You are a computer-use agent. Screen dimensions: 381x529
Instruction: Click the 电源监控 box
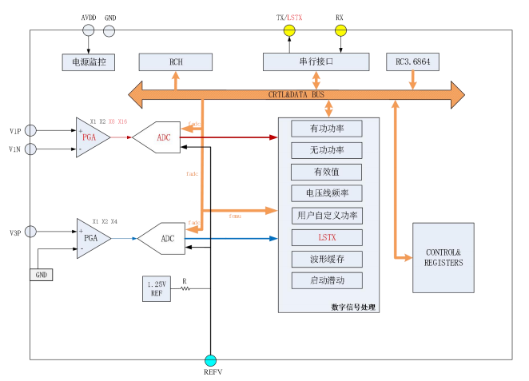tap(89, 62)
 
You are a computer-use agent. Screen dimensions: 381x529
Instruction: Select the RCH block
tap(176, 62)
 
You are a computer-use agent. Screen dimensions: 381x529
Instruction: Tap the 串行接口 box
tap(316, 62)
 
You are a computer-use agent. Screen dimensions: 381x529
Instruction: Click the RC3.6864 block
tap(412, 62)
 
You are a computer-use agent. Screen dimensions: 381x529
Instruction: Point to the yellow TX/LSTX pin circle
tap(289, 31)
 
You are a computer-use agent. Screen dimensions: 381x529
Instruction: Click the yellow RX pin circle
tap(340, 31)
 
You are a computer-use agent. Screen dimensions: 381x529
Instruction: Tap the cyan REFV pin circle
tap(211, 360)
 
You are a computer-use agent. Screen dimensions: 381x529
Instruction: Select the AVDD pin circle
tap(89, 31)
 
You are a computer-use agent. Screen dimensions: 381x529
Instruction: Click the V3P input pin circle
tap(30, 232)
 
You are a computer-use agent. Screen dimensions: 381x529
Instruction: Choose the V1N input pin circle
tap(30, 149)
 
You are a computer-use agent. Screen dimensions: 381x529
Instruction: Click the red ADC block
tap(156, 137)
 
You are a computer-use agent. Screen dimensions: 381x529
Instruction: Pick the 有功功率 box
tap(326, 128)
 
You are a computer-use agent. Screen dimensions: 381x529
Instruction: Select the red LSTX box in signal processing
tap(326, 237)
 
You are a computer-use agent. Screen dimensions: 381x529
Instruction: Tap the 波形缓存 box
tap(326, 259)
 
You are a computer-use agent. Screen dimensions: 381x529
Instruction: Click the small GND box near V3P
tap(42, 274)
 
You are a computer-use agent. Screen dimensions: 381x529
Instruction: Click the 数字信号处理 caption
tap(353, 307)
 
